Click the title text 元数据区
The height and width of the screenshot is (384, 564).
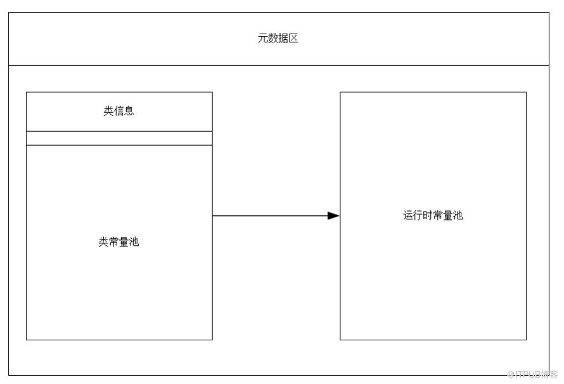click(278, 38)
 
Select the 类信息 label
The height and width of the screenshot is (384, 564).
click(119, 111)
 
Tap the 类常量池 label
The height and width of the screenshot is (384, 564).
click(119, 241)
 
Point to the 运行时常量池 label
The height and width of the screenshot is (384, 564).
click(433, 215)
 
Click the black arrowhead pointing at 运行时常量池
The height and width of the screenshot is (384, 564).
click(333, 215)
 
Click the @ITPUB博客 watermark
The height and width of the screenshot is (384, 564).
click(532, 374)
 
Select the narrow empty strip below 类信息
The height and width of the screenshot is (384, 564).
click(119, 138)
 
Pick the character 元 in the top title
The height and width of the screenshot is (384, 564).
click(263, 38)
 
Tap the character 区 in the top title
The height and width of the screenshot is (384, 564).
click(293, 38)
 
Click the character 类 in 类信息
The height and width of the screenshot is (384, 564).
click(108, 111)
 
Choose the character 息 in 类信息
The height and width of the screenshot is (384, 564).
click(129, 111)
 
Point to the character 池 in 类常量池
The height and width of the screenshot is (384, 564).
click(134, 241)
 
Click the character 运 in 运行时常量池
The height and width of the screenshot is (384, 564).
click(408, 215)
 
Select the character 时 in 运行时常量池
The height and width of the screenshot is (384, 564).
click(428, 215)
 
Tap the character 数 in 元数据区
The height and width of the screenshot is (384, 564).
click(273, 38)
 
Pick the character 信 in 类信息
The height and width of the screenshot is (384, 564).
click(119, 111)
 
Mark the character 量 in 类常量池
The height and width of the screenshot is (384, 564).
click(124, 241)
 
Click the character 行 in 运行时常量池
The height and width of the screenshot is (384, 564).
click(418, 215)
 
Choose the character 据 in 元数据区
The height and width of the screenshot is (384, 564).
click(283, 38)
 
